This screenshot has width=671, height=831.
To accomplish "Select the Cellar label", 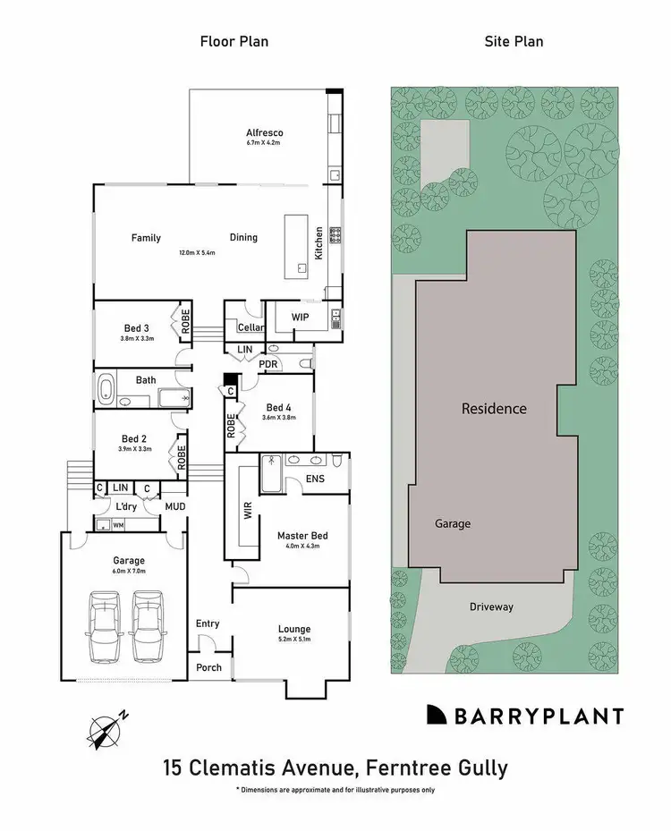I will coord(238,327).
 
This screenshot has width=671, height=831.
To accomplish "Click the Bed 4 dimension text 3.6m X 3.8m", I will coord(279,417).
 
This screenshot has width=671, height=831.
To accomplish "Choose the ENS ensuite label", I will coord(315,479).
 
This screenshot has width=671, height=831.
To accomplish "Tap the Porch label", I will coord(208,667).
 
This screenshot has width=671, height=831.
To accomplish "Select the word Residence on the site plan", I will coord(494,409).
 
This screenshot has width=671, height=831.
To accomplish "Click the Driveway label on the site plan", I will coord(491,606).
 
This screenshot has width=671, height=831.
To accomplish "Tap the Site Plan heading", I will coord(514,41).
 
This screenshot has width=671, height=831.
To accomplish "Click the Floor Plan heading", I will coord(234,41).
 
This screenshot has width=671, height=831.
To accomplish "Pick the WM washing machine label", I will coord(118,525).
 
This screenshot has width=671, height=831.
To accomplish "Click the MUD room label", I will coord(174,506).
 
